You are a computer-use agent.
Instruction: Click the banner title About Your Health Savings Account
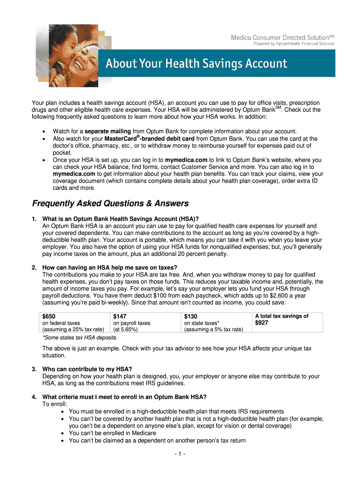[x=196, y=63]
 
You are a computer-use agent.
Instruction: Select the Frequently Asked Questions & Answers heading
[x=110, y=203]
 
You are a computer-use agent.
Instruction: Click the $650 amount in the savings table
[x=49, y=317]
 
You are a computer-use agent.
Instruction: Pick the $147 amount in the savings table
[x=120, y=317]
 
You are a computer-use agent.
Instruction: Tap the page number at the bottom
[x=180, y=454]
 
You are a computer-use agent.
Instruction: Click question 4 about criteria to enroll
[x=124, y=397]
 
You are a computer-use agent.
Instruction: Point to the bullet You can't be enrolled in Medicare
[x=112, y=433]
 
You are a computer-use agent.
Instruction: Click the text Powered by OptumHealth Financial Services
[x=294, y=44]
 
